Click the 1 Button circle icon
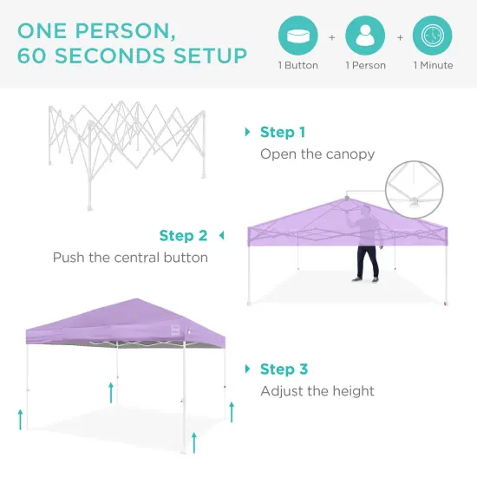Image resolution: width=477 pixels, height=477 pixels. click(297, 36)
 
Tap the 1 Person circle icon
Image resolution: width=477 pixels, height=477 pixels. click(365, 36)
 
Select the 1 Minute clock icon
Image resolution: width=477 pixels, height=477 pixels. click(433, 36)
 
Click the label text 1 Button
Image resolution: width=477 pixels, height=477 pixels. click(297, 66)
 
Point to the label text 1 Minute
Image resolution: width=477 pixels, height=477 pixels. click(433, 66)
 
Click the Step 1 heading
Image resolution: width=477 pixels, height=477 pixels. click(283, 133)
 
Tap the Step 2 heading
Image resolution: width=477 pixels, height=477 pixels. click(183, 236)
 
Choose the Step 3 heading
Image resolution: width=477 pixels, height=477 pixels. click(284, 369)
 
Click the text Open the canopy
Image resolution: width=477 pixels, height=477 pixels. click(317, 154)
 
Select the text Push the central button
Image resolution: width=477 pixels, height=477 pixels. click(130, 258)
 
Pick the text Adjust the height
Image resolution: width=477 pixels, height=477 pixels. click(317, 391)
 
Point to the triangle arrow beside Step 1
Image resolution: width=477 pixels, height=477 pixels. click(248, 133)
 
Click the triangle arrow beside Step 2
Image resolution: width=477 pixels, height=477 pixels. click(220, 236)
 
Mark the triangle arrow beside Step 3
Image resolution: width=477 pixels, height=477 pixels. click(248, 369)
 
